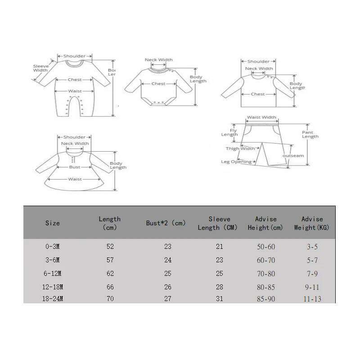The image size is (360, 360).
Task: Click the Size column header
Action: [x=52, y=223]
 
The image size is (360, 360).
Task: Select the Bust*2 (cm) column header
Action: [x=166, y=223]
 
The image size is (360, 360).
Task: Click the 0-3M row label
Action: [x=52, y=247]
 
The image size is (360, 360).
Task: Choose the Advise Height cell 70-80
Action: [x=265, y=273]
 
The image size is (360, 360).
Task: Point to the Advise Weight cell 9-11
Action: [x=312, y=287]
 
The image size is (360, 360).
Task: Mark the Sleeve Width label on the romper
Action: [x=40, y=68]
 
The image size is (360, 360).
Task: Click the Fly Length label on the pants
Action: [x=229, y=132]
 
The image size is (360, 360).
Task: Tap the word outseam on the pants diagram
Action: [x=293, y=156]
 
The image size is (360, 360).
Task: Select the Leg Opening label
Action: [x=236, y=162]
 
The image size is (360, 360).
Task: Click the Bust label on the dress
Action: [x=75, y=167]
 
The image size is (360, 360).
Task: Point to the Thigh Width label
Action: [x=240, y=148]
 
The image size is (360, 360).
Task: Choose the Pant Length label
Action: [x=310, y=134]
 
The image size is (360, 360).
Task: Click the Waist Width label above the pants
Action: [x=261, y=117]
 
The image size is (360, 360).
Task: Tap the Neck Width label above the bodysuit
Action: [x=158, y=60]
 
